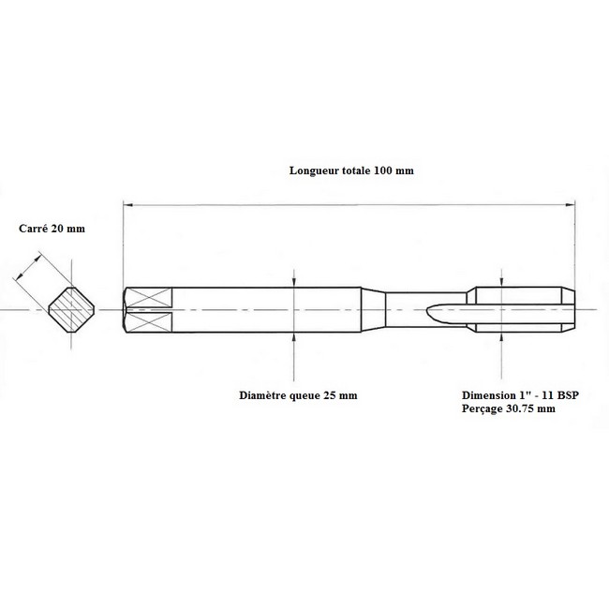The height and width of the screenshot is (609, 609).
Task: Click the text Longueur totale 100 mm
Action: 351,171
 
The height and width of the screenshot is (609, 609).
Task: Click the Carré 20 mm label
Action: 52,229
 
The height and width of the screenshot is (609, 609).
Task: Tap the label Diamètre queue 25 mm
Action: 298,395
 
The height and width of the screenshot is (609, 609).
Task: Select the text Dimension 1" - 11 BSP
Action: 520,395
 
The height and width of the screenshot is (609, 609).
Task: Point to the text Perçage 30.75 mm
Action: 509,408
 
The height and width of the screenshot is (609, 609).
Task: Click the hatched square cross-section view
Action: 71,310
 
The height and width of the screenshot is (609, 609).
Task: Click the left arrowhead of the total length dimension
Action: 128,204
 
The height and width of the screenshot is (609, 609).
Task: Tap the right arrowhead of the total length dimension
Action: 571,204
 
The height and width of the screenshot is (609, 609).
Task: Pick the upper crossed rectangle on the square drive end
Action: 149,298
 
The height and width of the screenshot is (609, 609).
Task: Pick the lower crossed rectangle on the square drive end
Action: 149,322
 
